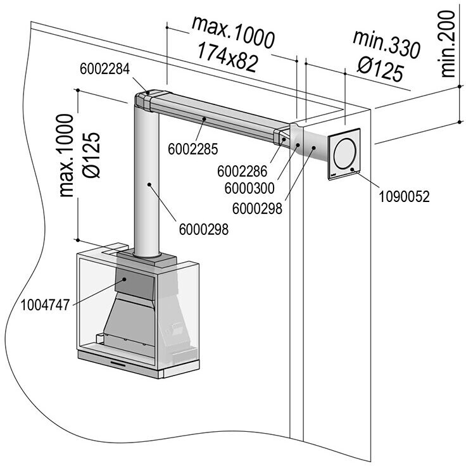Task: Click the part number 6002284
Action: (105, 69)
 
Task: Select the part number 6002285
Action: (193, 149)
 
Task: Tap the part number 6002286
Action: (242, 172)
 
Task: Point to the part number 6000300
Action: (249, 189)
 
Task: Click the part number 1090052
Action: (404, 197)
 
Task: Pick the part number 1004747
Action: (45, 305)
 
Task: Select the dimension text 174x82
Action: (227, 58)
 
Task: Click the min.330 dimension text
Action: (386, 44)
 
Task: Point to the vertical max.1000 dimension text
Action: (66, 155)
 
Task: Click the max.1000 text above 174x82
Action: (233, 32)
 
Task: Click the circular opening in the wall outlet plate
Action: (344, 154)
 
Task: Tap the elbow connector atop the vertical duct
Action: (144, 101)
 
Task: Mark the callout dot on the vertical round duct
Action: (149, 184)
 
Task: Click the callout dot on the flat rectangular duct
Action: (204, 119)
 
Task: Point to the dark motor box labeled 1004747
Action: (135, 284)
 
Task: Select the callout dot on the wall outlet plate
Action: (352, 170)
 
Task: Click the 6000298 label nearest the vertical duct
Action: (204, 229)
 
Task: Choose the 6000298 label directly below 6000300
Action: (257, 209)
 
